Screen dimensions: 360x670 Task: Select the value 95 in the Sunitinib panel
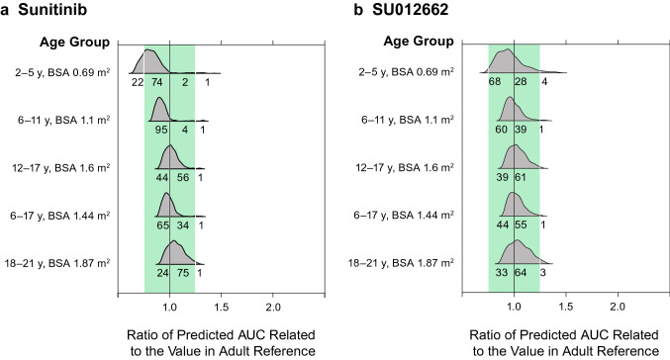[159, 130]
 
